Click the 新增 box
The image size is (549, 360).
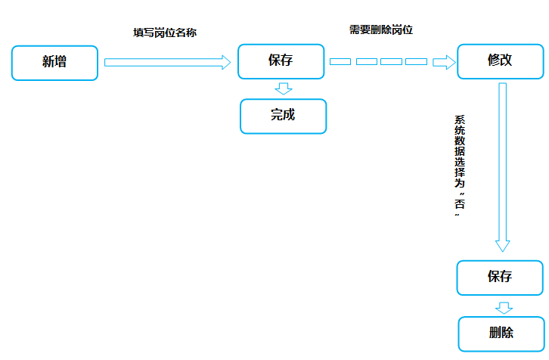coord(54,63)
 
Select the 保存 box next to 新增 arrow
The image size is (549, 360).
coord(281,61)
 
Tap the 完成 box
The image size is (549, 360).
coord(284,116)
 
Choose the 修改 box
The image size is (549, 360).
coord(501,61)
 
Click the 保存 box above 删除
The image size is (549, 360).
coord(500,278)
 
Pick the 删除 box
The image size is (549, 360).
coord(501,334)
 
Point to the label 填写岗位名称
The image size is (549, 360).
coord(165,33)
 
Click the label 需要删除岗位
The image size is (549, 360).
coord(381,29)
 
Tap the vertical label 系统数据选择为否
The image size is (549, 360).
coord(460,166)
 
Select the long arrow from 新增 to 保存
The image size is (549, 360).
coord(167,62)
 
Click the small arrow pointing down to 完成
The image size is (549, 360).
coord(284,88)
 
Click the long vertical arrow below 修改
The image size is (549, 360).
coord(502,167)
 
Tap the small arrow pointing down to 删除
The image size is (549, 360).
coord(504,308)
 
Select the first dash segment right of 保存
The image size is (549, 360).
coord(340,61)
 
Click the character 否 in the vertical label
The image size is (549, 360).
coord(460,203)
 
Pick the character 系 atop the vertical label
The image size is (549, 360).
coord(460,119)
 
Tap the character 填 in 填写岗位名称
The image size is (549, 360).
coord(138,33)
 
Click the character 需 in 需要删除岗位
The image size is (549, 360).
coord(355,29)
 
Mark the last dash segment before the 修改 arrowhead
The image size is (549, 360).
coord(417,61)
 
